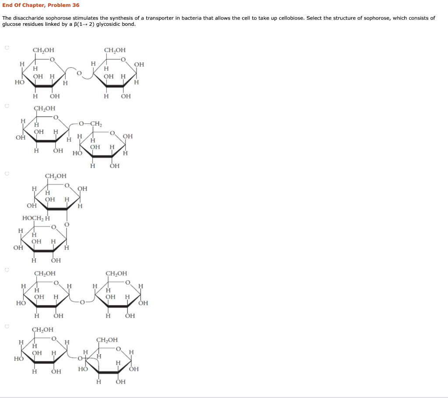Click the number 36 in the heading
76,5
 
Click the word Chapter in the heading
33,5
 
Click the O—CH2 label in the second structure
91,124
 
